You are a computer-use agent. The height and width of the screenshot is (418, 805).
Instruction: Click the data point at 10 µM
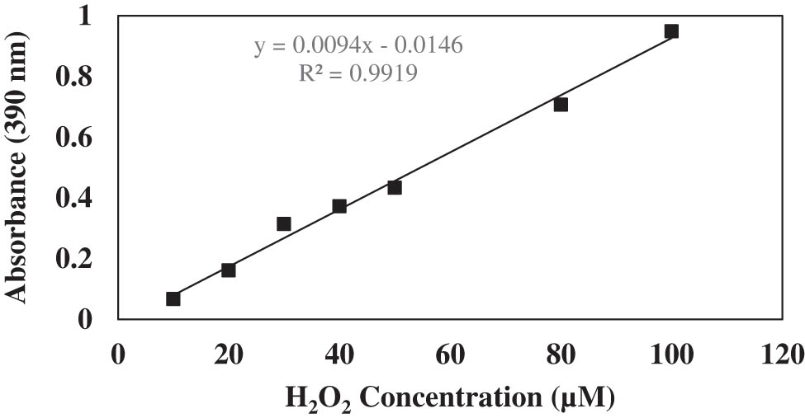(173, 298)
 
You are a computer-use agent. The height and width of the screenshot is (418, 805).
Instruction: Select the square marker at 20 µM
(229, 270)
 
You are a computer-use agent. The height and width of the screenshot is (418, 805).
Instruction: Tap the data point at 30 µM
(284, 223)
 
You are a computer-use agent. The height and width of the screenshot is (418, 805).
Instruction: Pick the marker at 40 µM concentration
(339, 206)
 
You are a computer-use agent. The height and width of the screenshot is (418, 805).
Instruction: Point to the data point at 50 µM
(395, 187)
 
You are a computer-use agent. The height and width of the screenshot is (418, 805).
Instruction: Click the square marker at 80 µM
(561, 105)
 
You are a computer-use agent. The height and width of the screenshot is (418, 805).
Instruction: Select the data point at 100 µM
(671, 31)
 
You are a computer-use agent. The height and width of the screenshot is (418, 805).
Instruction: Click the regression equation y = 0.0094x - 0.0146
(358, 45)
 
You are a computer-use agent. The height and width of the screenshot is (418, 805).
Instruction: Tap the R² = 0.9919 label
(358, 73)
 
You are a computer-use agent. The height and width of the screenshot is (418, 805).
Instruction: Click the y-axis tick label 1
(92, 16)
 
